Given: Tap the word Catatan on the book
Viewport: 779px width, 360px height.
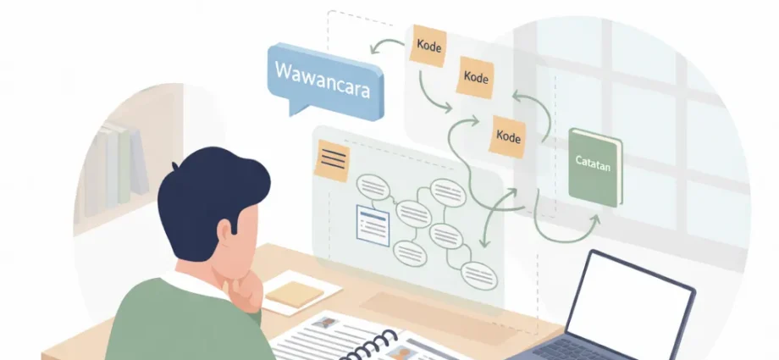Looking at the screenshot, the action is coord(592,163).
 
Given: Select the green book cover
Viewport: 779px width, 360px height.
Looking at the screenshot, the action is coord(595,168).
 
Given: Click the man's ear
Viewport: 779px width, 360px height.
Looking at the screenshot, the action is coord(225,231).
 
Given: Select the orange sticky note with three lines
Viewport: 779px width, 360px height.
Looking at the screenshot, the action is coord(332,160).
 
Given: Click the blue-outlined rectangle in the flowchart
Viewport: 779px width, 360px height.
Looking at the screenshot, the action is coord(373,226).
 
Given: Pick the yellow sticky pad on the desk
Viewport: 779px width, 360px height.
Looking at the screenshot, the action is coord(294,294).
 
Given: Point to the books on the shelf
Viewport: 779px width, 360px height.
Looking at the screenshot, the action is coord(117,168).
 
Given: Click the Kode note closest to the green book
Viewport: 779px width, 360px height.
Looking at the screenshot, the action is coord(508,136).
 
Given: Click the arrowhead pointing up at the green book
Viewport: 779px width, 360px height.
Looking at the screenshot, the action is coord(594,219).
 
